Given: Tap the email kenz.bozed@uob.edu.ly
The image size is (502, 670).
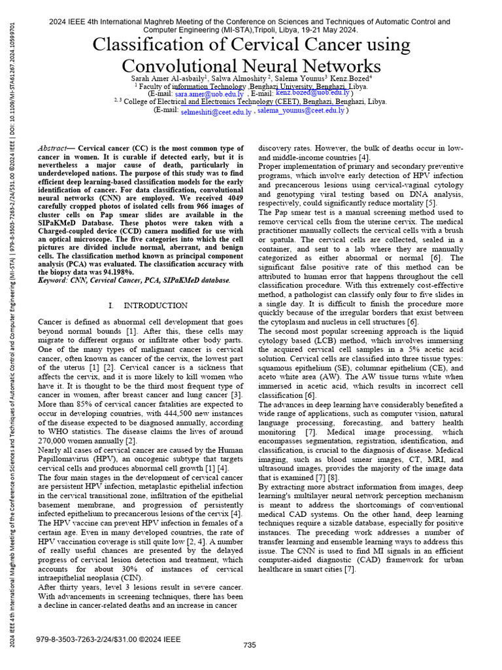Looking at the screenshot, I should coord(312,94).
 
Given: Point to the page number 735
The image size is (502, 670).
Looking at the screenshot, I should coord(250,645).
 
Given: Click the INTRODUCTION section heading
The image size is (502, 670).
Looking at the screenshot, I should coord(155,306).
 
